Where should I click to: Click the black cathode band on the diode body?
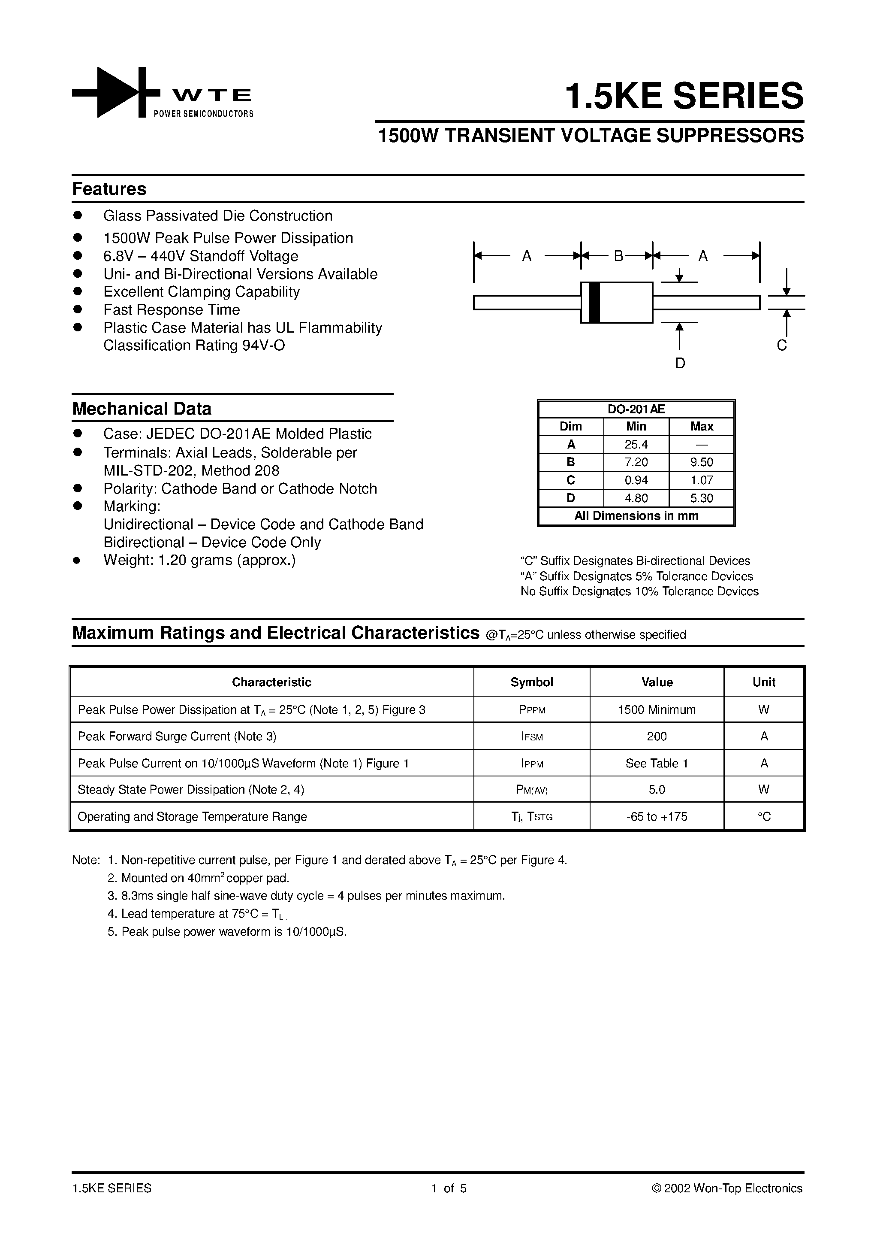pyautogui.click(x=595, y=302)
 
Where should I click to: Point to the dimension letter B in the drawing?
pyautogui.click(x=618, y=256)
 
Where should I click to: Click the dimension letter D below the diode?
pyautogui.click(x=680, y=363)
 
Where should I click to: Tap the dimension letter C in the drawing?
pyautogui.click(x=782, y=346)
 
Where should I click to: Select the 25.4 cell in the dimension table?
pyautogui.click(x=636, y=444)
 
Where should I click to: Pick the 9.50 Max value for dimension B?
pyautogui.click(x=701, y=462)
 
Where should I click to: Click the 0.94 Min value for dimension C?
pyautogui.click(x=636, y=480)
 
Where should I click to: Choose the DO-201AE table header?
pyautogui.click(x=636, y=409)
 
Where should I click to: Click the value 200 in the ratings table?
pyautogui.click(x=657, y=736)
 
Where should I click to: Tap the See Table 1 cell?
pyautogui.click(x=657, y=763)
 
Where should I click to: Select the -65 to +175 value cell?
pyautogui.click(x=657, y=817)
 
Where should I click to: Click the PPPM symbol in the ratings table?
pyautogui.click(x=531, y=710)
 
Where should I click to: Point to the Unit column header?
pyautogui.click(x=764, y=682)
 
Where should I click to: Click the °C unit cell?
pyautogui.click(x=764, y=817)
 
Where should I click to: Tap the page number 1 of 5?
pyautogui.click(x=449, y=1188)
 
